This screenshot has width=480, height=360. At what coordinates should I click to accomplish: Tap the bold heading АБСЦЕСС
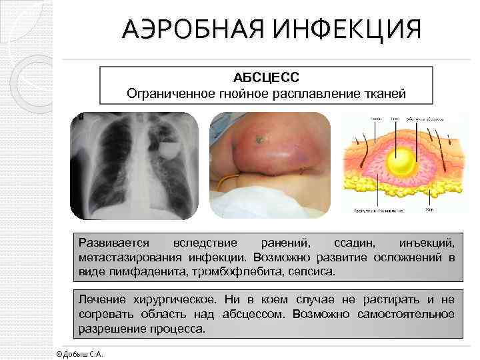[266, 78]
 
